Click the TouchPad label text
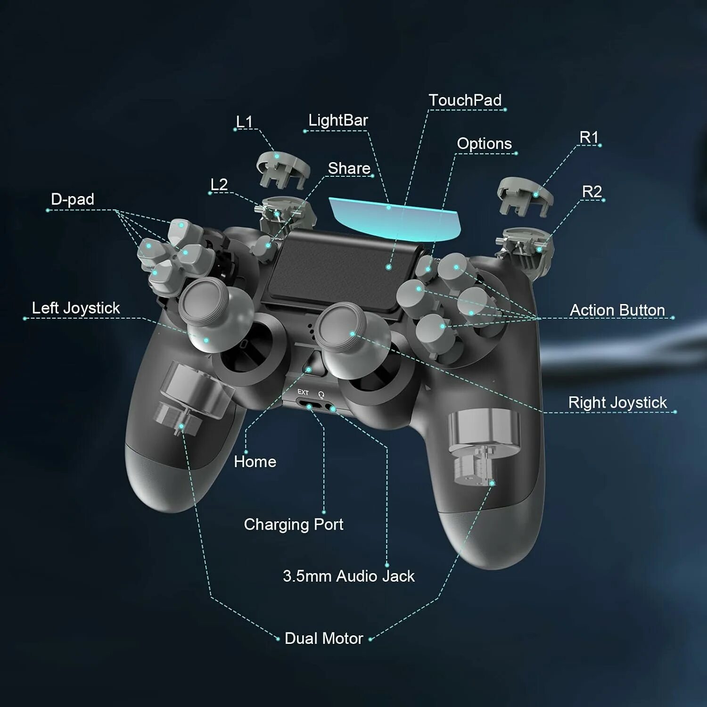coord(465,100)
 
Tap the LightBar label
coord(338,120)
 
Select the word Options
coord(484,143)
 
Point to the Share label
coord(349,168)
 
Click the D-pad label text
coord(73,199)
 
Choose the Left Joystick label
coord(76,308)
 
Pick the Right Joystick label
coord(617,403)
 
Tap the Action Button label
coord(617,310)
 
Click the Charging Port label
coord(294,524)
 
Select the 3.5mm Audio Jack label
coord(349,576)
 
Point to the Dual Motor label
coord(324,638)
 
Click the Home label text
coord(255,461)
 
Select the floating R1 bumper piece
coord(524,195)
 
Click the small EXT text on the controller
coord(303,392)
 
